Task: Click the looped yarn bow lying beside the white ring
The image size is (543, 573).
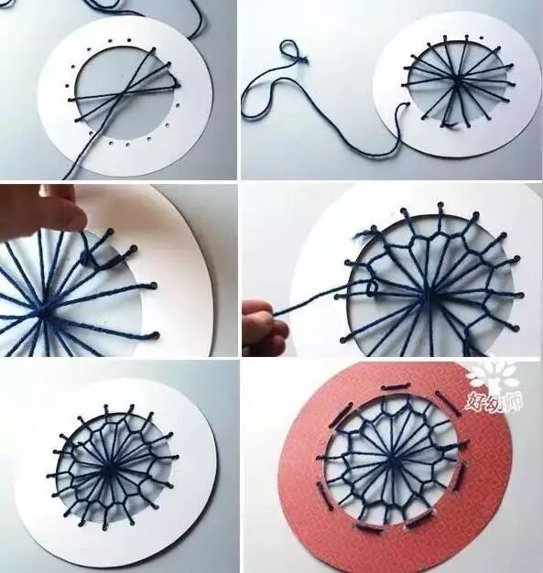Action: pyautogui.click(x=292, y=52)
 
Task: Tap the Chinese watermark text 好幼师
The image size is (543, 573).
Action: pyautogui.click(x=494, y=401)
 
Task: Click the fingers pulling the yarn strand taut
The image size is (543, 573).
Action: pyautogui.click(x=262, y=321)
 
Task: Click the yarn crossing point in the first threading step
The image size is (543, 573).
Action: pyautogui.click(x=120, y=94)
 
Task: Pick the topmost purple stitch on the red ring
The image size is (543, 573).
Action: pyautogui.click(x=394, y=386)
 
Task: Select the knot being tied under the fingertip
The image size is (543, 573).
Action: pyautogui.click(x=87, y=260)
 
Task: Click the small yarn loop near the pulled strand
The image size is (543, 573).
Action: pyautogui.click(x=372, y=288)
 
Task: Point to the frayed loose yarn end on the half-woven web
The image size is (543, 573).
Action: pyautogui.click(x=363, y=234)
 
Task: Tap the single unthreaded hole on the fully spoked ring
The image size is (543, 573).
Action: pyautogui.click(x=482, y=38)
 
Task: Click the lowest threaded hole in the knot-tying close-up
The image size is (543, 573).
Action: pyautogui.click(x=156, y=334)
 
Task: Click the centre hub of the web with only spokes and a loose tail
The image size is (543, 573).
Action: pyautogui.click(x=456, y=79)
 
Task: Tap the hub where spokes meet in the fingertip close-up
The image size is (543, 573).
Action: pyautogui.click(x=44, y=312)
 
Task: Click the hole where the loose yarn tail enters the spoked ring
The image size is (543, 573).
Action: pyautogui.click(x=407, y=104)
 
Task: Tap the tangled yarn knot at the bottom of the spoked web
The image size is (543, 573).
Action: pyautogui.click(x=449, y=124)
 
